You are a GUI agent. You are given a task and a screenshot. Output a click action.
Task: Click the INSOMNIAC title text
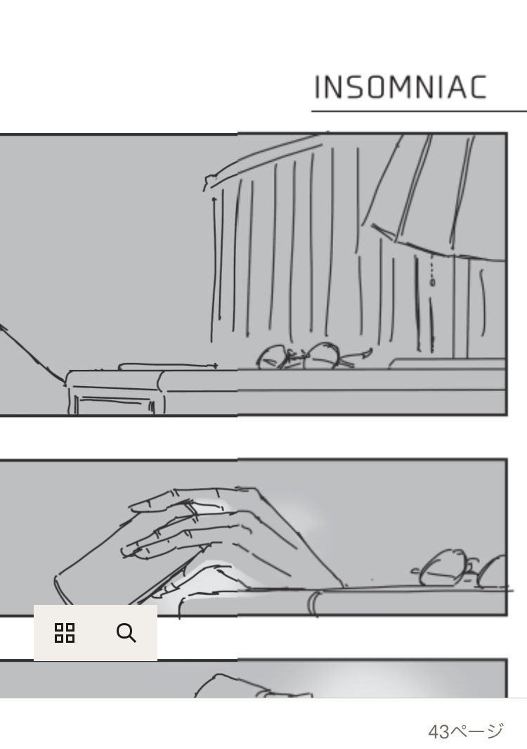(400, 87)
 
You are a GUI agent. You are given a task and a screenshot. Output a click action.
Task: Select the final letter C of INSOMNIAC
(476, 87)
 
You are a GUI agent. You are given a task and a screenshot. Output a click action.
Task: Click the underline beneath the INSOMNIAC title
(419, 111)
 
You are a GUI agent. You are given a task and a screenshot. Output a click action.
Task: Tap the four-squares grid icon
(65, 633)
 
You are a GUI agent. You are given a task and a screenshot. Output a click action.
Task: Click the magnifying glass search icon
(126, 633)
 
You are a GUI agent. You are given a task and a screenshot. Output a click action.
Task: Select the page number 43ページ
(465, 731)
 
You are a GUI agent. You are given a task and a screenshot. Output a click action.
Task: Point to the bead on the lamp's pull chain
(432, 282)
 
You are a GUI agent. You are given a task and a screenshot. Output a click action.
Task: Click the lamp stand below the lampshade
(461, 308)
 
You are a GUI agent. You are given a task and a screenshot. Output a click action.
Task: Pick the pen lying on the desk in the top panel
(168, 366)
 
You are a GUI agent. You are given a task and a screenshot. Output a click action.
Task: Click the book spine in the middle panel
(314, 604)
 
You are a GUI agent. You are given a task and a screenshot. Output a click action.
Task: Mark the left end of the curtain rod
(208, 182)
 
